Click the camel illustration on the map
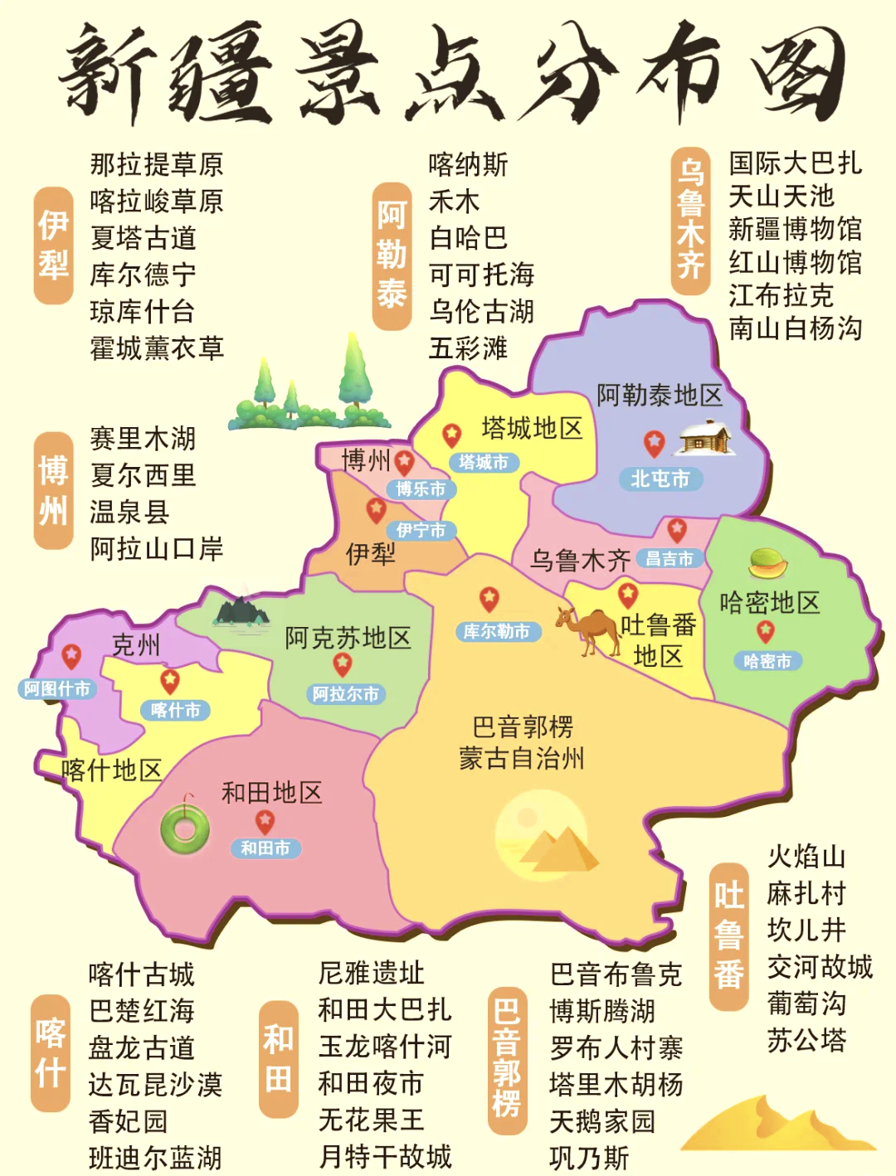click(x=587, y=630)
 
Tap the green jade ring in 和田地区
click(x=185, y=827)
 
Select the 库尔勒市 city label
click(x=497, y=632)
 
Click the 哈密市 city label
click(x=767, y=661)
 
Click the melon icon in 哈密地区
click(x=768, y=564)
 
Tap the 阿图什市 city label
click(x=57, y=688)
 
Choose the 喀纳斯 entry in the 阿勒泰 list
click(x=468, y=164)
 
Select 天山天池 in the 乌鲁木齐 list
click(x=781, y=197)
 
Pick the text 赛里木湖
click(x=143, y=438)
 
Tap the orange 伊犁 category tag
click(x=54, y=245)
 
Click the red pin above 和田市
click(x=265, y=821)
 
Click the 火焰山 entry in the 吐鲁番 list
click(x=806, y=857)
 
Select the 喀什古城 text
click(x=141, y=974)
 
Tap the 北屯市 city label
click(x=660, y=479)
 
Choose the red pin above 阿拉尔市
click(x=343, y=664)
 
